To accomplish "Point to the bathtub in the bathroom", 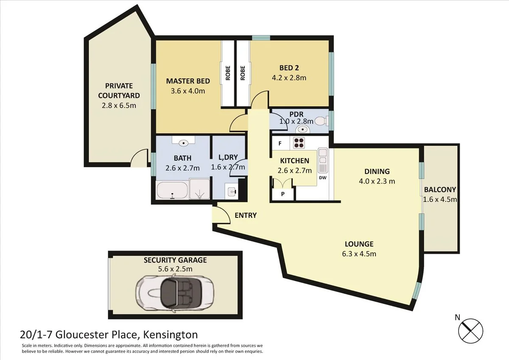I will pos(172,191).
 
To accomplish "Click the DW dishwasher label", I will pos(322,177).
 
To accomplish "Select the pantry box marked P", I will pos(282,194).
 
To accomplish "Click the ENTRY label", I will pos(246,215).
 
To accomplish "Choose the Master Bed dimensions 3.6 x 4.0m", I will pos(187,91).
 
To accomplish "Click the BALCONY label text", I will pos(440,190).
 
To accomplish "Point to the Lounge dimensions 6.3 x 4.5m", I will pos(359,254).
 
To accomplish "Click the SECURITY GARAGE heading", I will pos(175,260).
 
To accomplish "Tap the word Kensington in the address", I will pos(171,335).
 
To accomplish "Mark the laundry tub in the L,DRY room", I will pos(232,192).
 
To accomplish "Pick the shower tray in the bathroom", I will pos(200,189).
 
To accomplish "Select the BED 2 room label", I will pos(289,68).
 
